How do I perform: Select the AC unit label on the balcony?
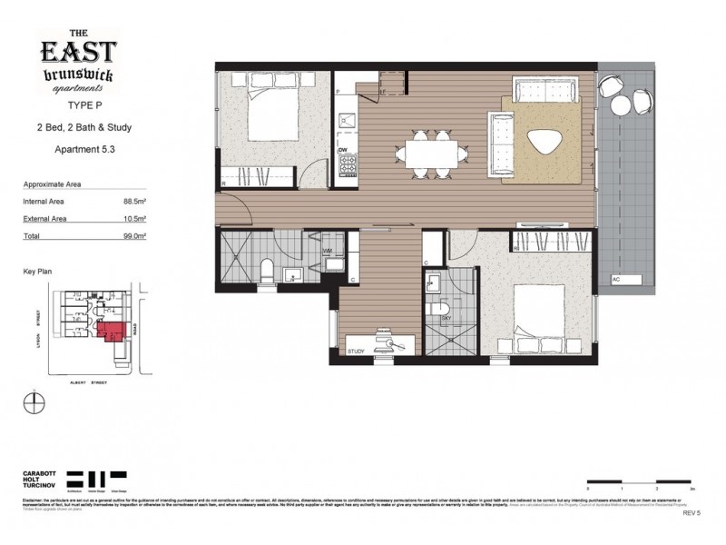(616, 279)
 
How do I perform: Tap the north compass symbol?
(34, 402)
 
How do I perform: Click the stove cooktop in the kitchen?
(347, 165)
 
